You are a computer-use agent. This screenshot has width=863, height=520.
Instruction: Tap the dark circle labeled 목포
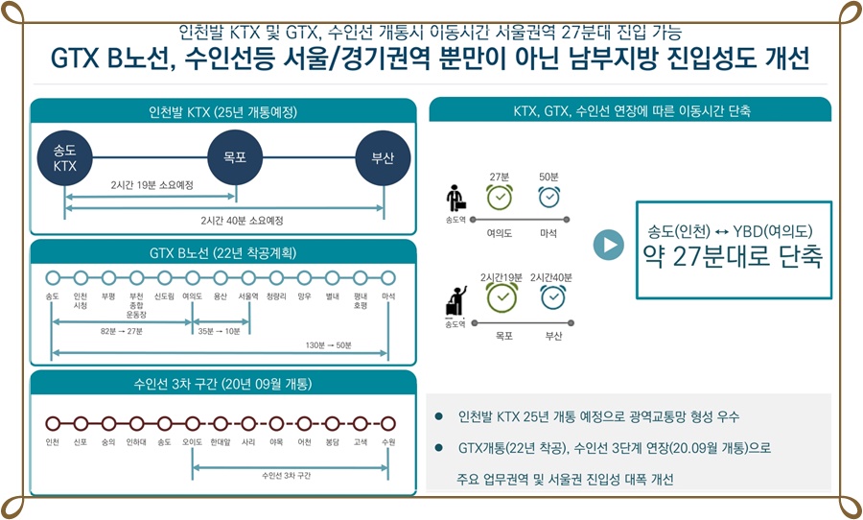(235, 157)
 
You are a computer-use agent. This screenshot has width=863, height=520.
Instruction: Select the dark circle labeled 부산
(383, 157)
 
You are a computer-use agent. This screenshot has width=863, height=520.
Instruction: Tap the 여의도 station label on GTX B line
(191, 296)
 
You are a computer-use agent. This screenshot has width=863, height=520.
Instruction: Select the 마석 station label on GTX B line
(387, 296)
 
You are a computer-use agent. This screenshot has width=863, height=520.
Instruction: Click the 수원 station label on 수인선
(387, 442)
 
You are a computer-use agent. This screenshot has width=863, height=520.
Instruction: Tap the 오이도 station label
(192, 442)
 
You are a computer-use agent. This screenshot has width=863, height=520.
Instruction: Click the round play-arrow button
(608, 245)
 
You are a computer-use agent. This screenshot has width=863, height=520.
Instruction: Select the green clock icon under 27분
(500, 197)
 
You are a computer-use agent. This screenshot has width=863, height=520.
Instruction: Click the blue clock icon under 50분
(548, 197)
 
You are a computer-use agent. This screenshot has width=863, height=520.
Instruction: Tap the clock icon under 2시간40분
(552, 297)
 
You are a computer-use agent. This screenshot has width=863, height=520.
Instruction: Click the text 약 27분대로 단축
(731, 256)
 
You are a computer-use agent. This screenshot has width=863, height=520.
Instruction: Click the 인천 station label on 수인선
(52, 442)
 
